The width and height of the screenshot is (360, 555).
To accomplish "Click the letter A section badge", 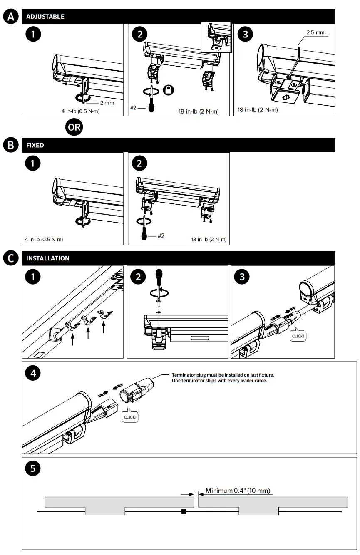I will tap(10, 17).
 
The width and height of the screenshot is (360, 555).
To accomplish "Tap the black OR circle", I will tap(74, 127).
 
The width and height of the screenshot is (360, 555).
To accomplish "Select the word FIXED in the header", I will tap(35, 146).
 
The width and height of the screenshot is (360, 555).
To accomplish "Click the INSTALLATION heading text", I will tap(48, 258).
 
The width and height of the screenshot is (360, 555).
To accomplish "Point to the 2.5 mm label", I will tap(315, 32).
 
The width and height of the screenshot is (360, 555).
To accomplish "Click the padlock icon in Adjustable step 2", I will tap(169, 89).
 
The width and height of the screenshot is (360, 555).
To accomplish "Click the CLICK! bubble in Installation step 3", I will tap(298, 336).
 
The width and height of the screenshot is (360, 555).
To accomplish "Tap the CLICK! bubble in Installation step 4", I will tap(129, 417).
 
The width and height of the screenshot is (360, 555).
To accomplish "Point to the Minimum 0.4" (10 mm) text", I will tap(238, 491).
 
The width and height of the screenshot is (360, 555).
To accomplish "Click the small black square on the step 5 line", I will tap(184, 511).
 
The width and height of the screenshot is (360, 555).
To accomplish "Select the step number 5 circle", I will tap(33, 468).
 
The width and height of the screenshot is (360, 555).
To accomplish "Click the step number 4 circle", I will tap(33, 373).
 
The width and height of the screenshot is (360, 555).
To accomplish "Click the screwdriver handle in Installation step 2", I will tap(159, 277).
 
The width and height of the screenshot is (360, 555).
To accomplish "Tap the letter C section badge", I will tap(10, 258).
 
